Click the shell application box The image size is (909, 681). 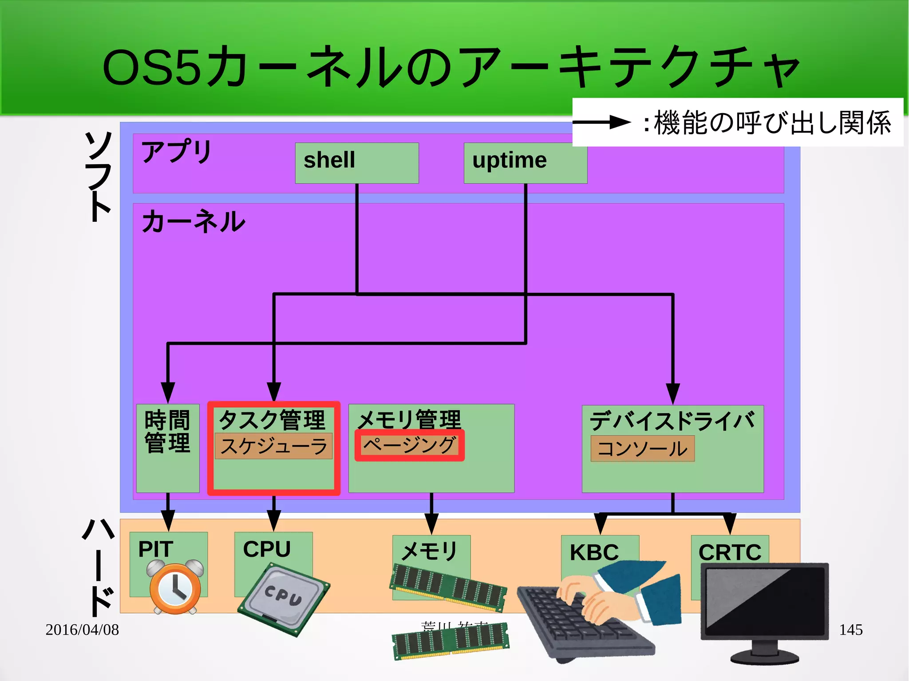pyautogui.click(x=357, y=163)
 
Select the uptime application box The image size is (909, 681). pyautogui.click(x=525, y=163)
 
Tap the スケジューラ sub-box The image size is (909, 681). pyautogui.click(x=273, y=446)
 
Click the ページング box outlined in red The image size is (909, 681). pyautogui.click(x=409, y=445)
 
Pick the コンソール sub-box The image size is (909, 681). pyautogui.click(x=642, y=449)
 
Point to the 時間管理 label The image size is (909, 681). pyautogui.click(x=167, y=431)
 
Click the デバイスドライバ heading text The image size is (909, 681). pyautogui.click(x=672, y=420)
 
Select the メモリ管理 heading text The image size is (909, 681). pyautogui.click(x=409, y=419)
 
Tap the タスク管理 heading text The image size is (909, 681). pyautogui.click(x=272, y=419)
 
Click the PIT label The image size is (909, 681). pyautogui.click(x=155, y=549)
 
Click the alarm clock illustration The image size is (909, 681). pyautogui.click(x=175, y=588)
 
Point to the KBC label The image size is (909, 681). pyautogui.click(x=594, y=552)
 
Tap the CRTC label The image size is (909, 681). pyautogui.click(x=730, y=552)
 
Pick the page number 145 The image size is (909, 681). pyautogui.click(x=850, y=630)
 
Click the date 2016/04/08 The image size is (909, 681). pyautogui.click(x=82, y=630)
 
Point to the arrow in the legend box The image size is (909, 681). pyautogui.click(x=601, y=122)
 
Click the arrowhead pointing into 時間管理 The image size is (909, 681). pyautogui.click(x=168, y=392)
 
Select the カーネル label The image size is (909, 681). pyautogui.click(x=193, y=221)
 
